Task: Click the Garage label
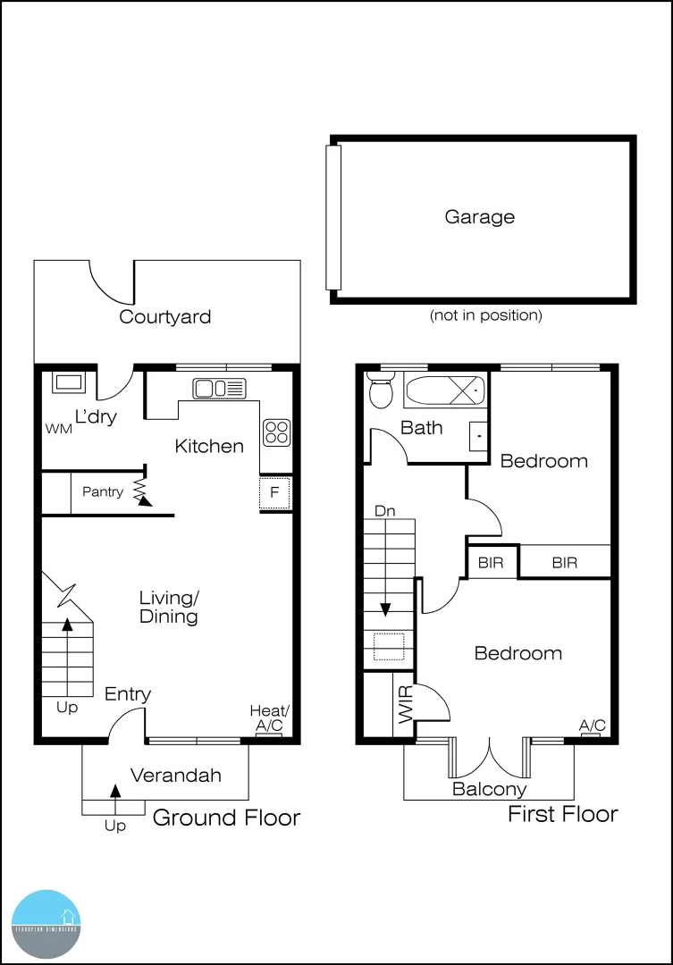480,217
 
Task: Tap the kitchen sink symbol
219,388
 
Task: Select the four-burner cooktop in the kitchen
276,432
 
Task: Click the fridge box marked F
275,493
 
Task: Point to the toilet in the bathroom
381,390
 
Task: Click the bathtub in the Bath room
443,390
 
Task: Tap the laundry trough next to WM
68,382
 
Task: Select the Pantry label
103,491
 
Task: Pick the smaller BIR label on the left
490,563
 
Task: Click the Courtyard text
165,316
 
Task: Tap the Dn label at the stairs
385,512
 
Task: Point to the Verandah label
176,776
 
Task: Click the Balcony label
489,789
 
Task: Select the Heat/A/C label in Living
269,718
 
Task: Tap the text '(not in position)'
485,315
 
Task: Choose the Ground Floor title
227,818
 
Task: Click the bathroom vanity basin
478,435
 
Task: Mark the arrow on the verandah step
114,792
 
